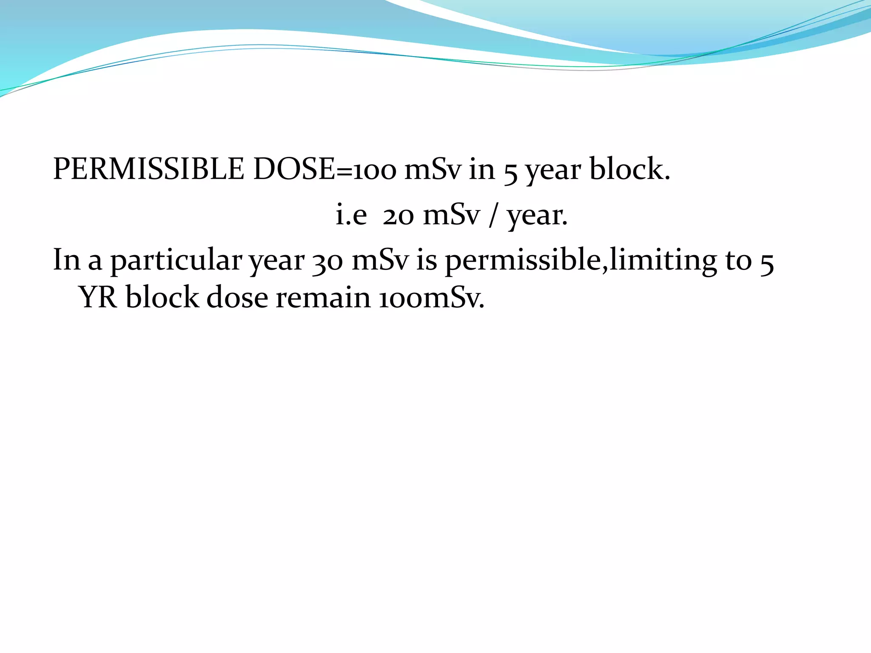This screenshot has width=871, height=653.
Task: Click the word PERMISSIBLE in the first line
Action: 148,169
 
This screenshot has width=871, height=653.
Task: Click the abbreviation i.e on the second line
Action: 351,215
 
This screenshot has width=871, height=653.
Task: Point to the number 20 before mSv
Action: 398,215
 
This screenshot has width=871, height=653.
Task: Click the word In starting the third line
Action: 66,260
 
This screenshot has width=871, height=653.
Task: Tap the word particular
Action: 176,261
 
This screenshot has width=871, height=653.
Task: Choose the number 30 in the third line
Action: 327,261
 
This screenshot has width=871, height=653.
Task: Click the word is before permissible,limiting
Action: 426,260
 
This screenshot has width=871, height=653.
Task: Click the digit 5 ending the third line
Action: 766,261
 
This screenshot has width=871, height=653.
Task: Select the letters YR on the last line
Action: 98,297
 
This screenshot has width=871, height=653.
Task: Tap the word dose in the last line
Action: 237,297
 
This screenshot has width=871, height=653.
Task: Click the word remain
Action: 323,297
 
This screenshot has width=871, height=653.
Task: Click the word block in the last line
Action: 162,297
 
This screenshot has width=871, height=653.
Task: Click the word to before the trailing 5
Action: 738,260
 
